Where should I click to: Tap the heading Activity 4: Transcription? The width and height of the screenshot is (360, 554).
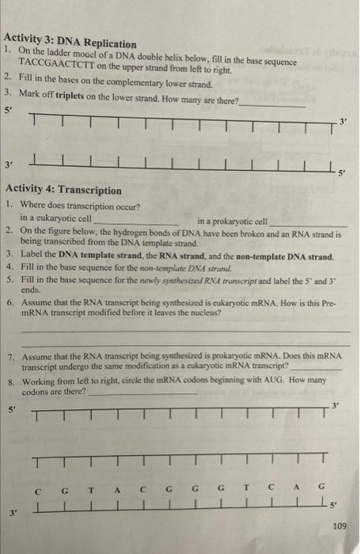[63, 191]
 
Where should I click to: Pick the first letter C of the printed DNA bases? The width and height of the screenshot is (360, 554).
[39, 488]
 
